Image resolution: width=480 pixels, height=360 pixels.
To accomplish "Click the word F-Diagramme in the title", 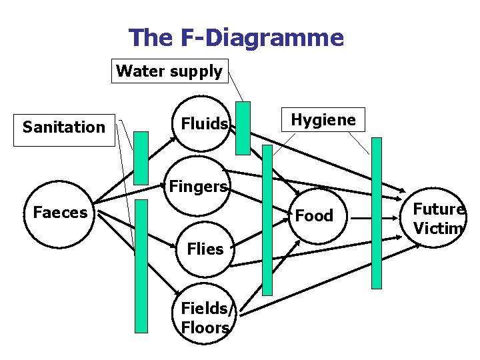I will [262, 37].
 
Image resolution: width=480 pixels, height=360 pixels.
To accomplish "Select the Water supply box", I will [169, 71].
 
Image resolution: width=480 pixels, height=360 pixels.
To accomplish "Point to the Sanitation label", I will [64, 127].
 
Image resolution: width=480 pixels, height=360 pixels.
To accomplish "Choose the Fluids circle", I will [201, 123].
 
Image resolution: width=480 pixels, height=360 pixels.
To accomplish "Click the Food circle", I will [313, 215].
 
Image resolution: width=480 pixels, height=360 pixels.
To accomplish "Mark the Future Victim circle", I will [437, 219].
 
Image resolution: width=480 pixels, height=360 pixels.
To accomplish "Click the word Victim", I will [437, 228].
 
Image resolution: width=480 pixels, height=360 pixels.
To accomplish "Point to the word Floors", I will [205, 328].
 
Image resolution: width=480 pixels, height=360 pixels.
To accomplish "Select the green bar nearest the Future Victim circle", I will [377, 213].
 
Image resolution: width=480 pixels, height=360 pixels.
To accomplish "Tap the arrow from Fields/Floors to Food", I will [267, 280].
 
